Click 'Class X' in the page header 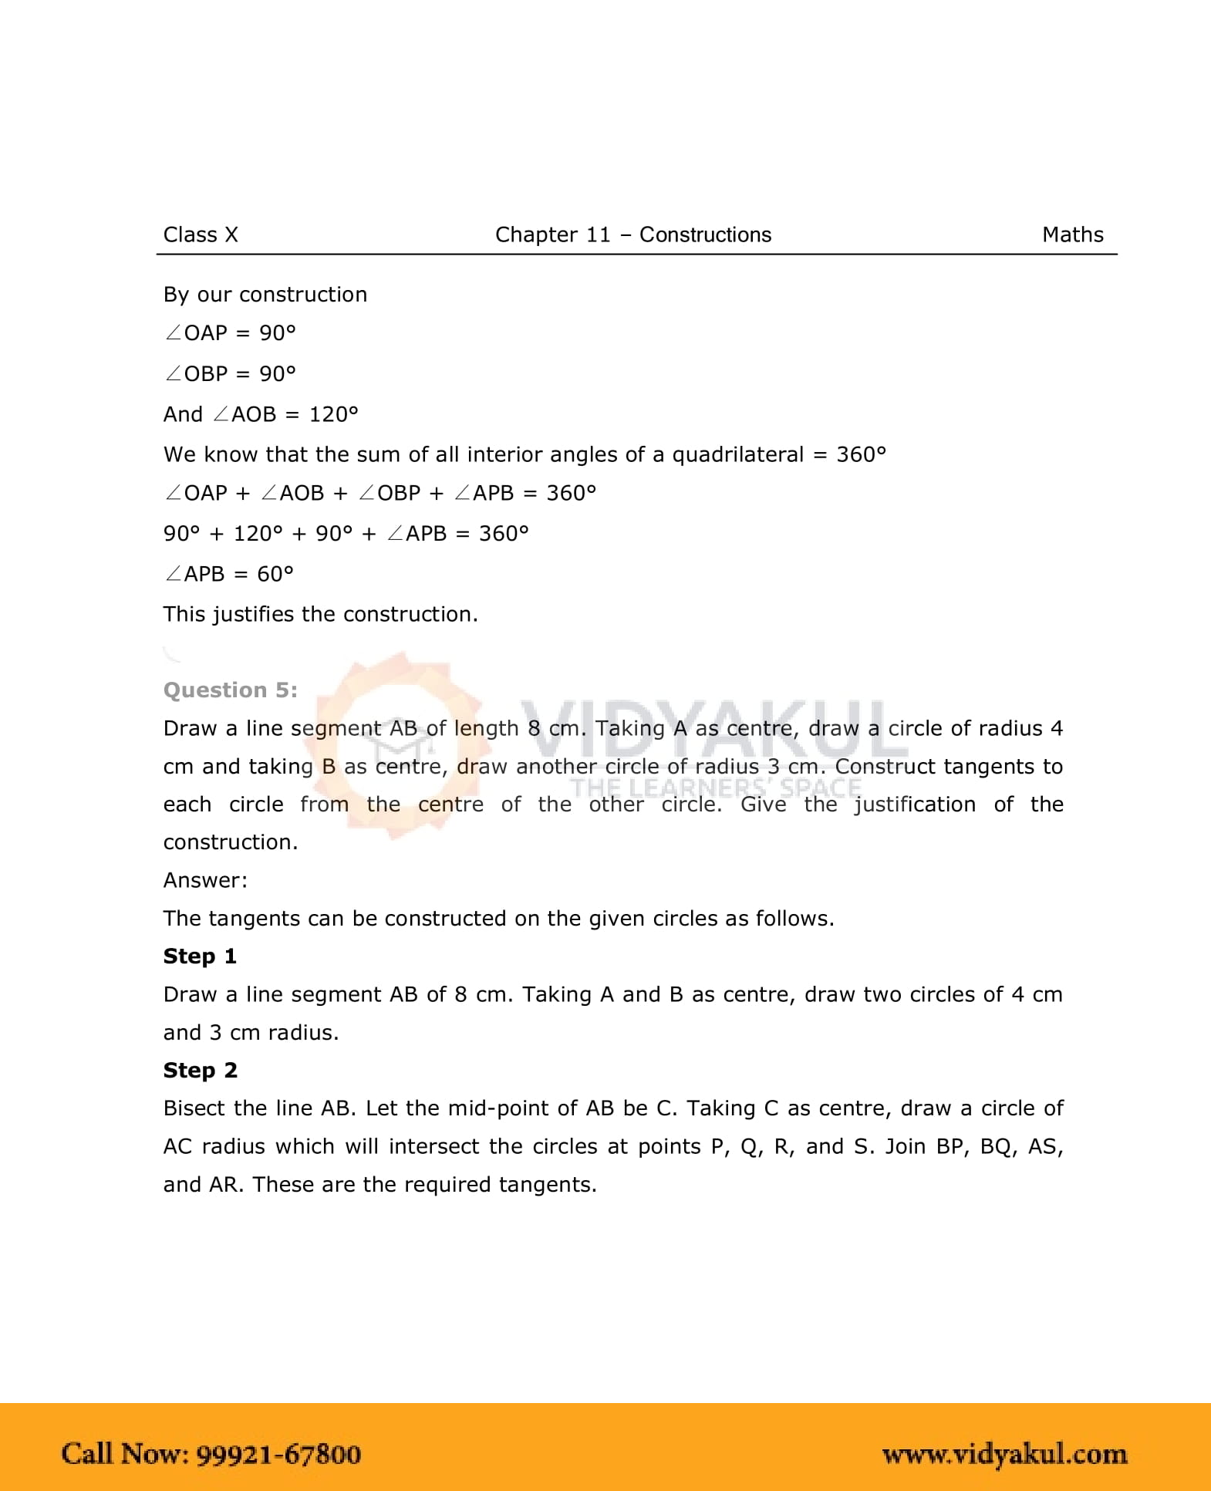tap(201, 234)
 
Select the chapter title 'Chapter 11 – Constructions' tap(632, 234)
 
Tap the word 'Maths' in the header tap(1072, 234)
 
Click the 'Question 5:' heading tap(230, 690)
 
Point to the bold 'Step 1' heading tap(200, 956)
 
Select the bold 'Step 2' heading tap(200, 1071)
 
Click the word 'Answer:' tap(205, 880)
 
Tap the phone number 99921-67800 tap(278, 1454)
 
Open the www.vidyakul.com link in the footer tap(1004, 1454)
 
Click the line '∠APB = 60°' tap(228, 574)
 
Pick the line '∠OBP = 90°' tap(229, 374)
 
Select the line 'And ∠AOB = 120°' tap(261, 414)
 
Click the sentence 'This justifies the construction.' tap(320, 614)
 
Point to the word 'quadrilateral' tap(737, 454)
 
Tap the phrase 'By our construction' tap(265, 295)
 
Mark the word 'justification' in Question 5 tap(915, 805)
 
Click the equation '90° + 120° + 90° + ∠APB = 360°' tap(346, 534)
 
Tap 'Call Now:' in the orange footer tap(125, 1454)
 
